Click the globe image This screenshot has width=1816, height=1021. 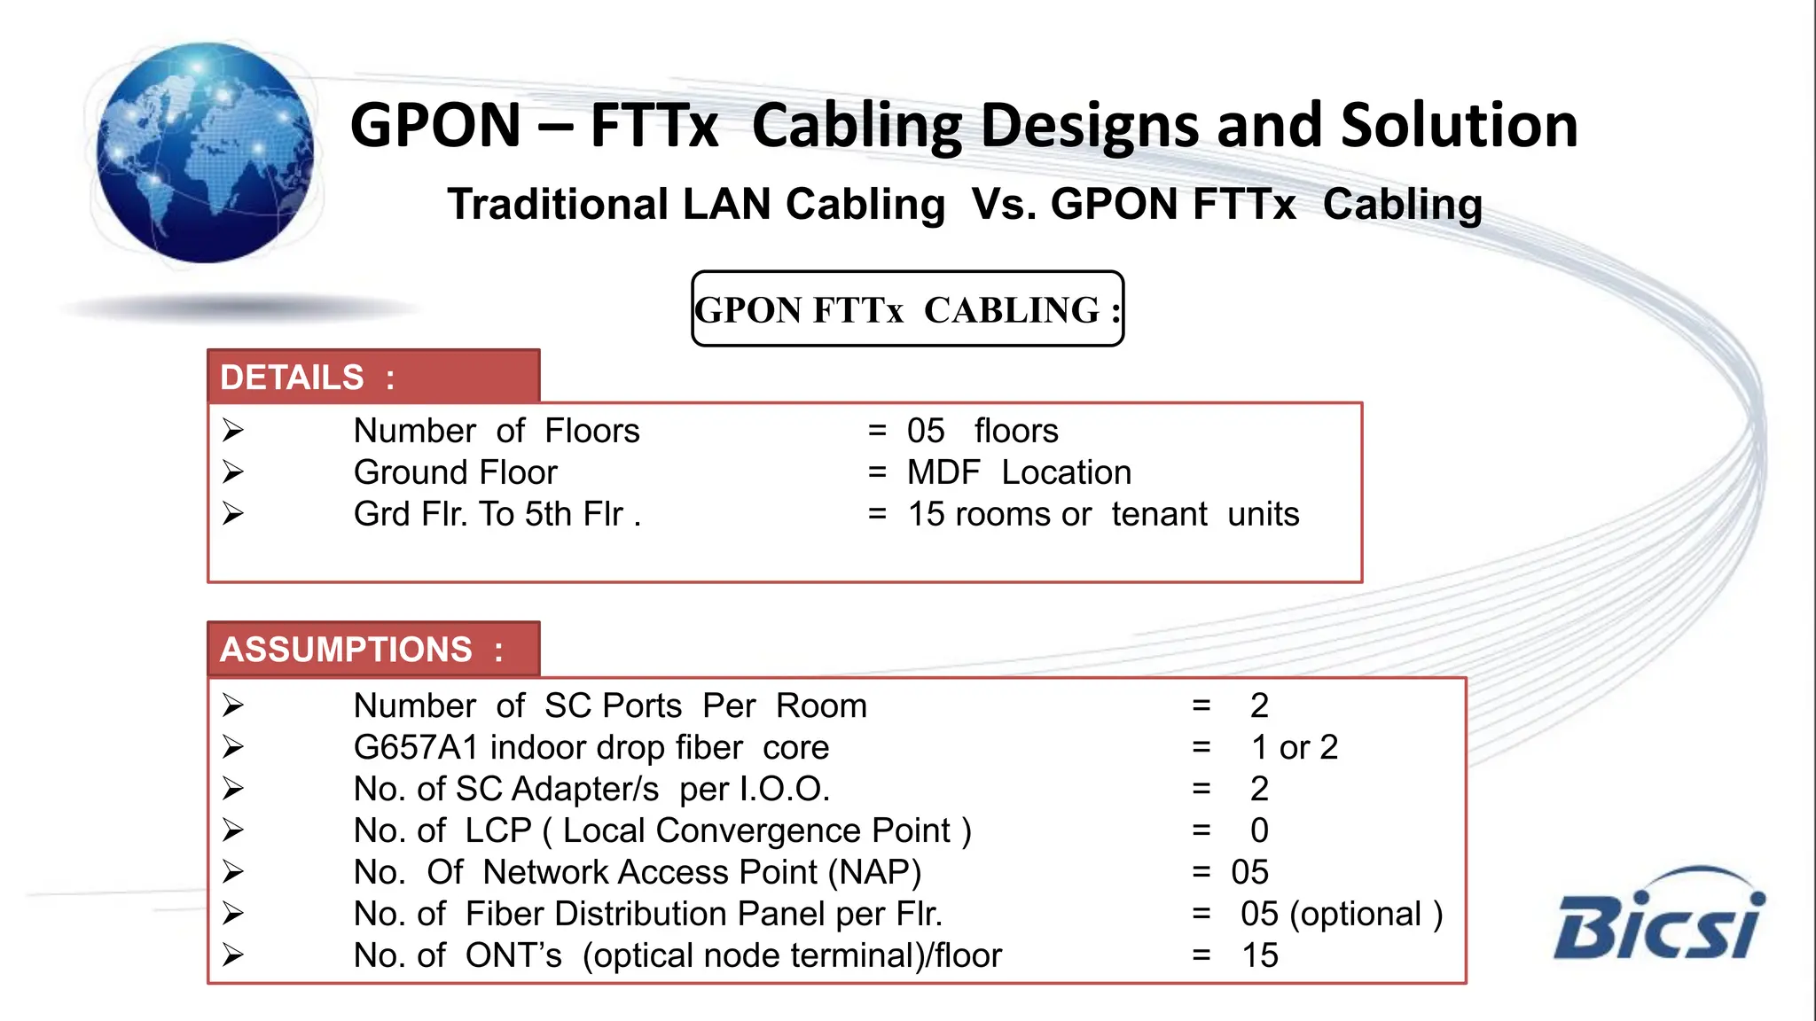pyautogui.click(x=205, y=152)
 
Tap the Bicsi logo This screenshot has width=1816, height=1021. pyautogui.click(x=1658, y=916)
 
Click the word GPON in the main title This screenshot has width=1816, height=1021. pyautogui.click(x=435, y=125)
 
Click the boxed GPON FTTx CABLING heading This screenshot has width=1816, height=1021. pyautogui.click(x=907, y=309)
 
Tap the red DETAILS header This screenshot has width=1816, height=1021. pyautogui.click(x=373, y=377)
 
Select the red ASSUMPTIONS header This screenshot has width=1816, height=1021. pyautogui.click(x=373, y=649)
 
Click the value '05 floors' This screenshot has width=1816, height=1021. pyautogui.click(x=982, y=431)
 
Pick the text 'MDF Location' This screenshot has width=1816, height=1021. pyautogui.click(x=1019, y=472)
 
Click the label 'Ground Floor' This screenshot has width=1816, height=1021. pyautogui.click(x=455, y=472)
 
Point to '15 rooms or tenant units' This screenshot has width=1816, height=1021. pyautogui.click(x=1103, y=514)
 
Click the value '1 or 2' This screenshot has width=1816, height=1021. pyautogui.click(x=1294, y=747)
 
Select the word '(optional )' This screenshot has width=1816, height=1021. pyautogui.click(x=1366, y=914)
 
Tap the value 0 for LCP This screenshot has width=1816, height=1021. pyautogui.click(x=1259, y=830)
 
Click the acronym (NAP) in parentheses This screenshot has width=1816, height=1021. pyautogui.click(x=874, y=872)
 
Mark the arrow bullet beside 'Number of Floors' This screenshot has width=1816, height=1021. pyautogui.click(x=233, y=431)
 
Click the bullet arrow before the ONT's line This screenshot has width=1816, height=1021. pyautogui.click(x=233, y=955)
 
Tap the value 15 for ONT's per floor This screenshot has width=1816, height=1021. pyautogui.click(x=1259, y=955)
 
